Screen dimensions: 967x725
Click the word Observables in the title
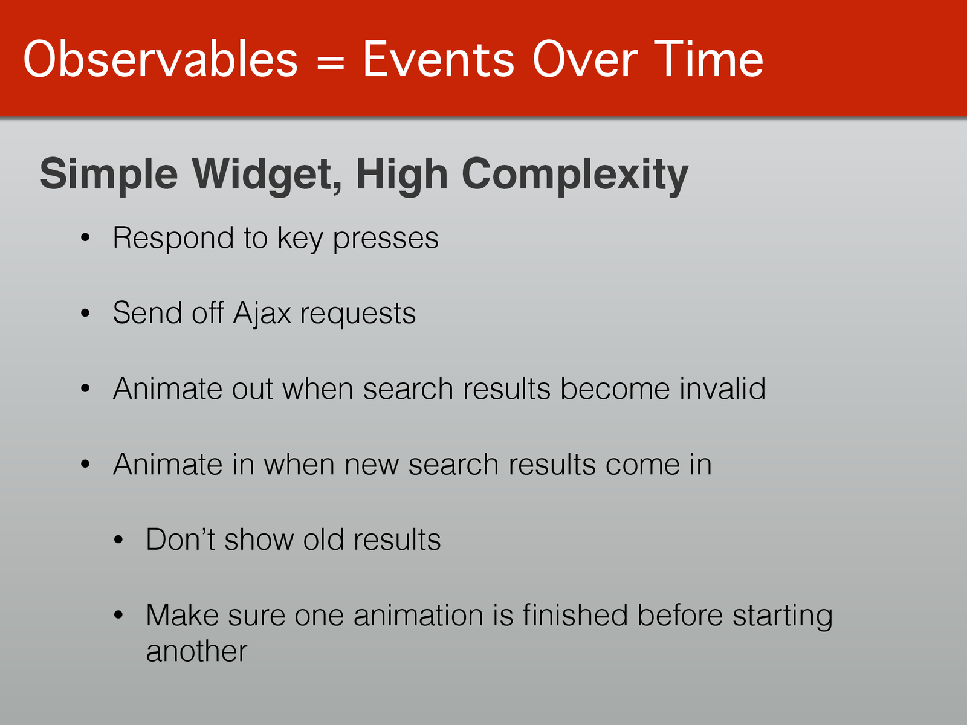(x=161, y=59)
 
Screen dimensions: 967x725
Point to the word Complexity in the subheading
(x=575, y=175)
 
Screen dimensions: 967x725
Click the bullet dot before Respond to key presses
(x=85, y=237)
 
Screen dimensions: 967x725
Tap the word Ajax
(x=262, y=314)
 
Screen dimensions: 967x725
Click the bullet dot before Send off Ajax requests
(x=85, y=313)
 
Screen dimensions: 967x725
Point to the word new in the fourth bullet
(x=371, y=465)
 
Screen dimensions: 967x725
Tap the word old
(x=323, y=540)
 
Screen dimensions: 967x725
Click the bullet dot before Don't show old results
(x=118, y=540)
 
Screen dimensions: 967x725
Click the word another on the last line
(x=196, y=651)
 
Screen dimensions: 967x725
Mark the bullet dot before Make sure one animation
(x=118, y=615)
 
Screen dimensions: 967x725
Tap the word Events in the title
(x=438, y=59)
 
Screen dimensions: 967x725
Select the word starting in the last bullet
(x=783, y=616)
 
